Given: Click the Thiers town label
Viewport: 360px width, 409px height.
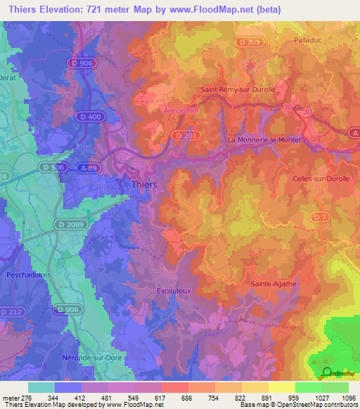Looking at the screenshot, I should point(145,184).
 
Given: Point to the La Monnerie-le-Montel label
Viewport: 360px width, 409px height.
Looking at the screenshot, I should point(264,140).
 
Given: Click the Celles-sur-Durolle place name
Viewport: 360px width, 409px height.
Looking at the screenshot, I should point(321,178).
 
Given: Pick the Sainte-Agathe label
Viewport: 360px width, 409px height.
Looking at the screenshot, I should point(274,284).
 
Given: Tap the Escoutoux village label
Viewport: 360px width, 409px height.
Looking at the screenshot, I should point(173,289).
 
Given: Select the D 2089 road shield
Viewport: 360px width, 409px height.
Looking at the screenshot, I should point(70,224).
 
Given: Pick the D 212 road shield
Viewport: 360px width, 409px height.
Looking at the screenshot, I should point(11,311).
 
